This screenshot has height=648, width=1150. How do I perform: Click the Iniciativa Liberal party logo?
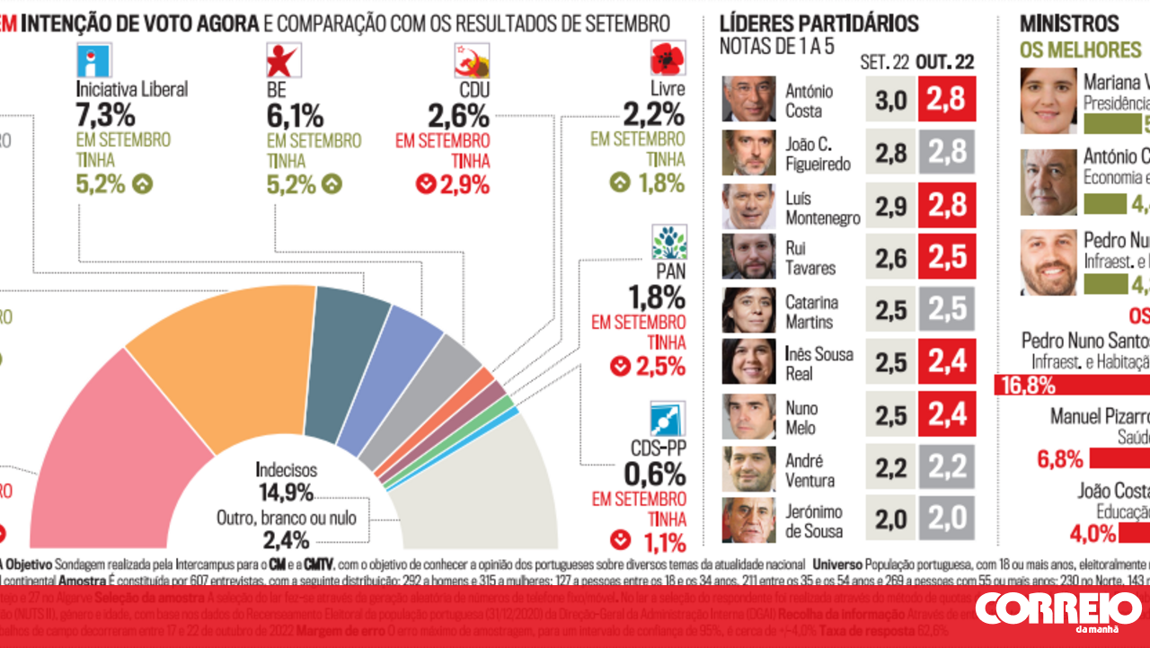tap(94, 59)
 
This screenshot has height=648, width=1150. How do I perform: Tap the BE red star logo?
tap(283, 59)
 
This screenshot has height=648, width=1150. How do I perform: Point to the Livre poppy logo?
tap(668, 58)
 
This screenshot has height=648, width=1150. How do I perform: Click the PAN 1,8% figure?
tap(658, 297)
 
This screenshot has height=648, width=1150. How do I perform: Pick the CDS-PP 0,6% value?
tap(658, 474)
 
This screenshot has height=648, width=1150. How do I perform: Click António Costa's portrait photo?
tap(748, 99)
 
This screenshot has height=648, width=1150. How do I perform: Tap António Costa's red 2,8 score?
tap(946, 100)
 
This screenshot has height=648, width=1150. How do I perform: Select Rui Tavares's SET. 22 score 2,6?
tap(889, 257)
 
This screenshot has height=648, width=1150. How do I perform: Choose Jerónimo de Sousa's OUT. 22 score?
tap(946, 519)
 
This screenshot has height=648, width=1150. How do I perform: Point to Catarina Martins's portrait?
tap(748, 310)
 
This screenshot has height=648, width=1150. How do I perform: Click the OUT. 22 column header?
tap(944, 62)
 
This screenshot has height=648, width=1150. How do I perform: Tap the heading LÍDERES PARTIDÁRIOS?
tap(819, 23)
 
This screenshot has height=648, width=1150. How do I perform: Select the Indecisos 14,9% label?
tap(285, 481)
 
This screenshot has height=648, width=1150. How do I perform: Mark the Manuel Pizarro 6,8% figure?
tap(1060, 459)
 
